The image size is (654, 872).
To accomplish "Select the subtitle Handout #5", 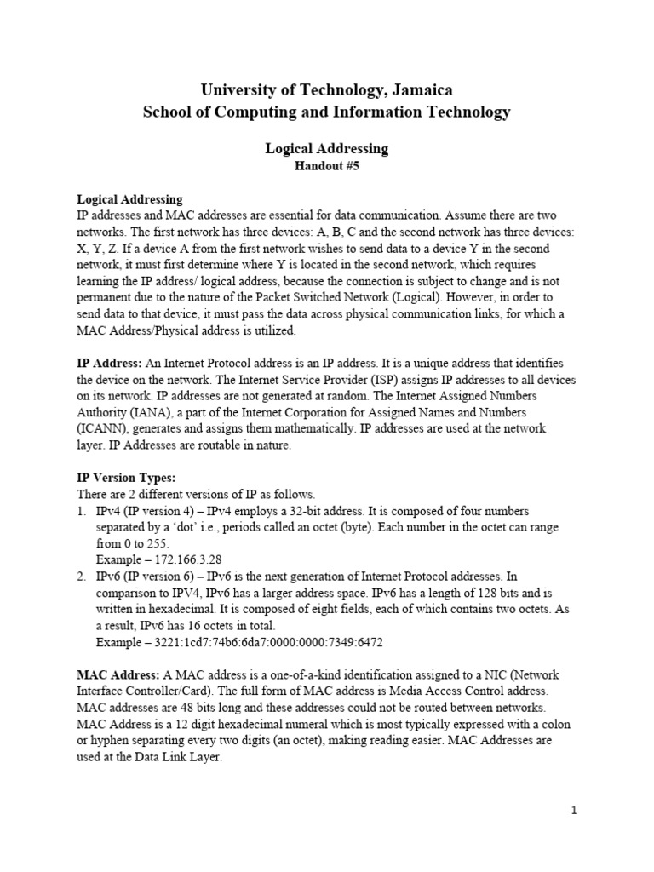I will coord(327,167).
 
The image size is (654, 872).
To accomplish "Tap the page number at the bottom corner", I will coord(574,811).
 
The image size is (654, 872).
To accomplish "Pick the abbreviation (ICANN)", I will coord(104,428).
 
